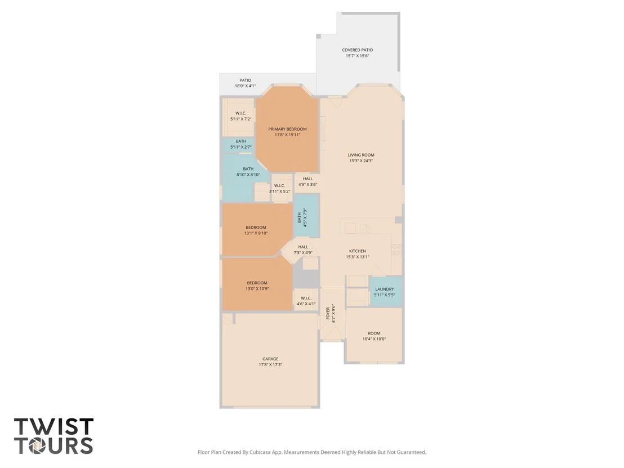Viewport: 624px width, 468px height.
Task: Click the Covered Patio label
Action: point(358,50)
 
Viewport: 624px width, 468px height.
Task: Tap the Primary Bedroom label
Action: point(287,129)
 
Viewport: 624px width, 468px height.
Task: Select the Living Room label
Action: point(361,155)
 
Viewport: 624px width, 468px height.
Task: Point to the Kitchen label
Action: point(358,251)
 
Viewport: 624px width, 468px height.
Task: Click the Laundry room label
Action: point(385,289)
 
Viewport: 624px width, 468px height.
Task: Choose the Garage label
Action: point(270,359)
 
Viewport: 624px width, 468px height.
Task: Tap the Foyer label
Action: point(328,313)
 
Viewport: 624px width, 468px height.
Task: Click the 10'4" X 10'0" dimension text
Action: point(374,339)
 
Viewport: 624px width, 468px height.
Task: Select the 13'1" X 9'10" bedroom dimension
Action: point(256,233)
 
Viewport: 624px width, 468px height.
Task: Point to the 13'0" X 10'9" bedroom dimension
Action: point(257,288)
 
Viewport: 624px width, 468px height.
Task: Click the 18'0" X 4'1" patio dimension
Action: point(245,86)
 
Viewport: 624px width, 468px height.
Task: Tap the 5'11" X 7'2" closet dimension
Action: point(241,119)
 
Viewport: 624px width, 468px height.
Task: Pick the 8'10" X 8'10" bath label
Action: point(248,172)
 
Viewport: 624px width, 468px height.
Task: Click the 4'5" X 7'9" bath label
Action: point(302,218)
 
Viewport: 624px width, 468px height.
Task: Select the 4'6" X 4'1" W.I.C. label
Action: point(306,301)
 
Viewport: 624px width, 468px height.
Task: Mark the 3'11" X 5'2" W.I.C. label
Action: point(279,188)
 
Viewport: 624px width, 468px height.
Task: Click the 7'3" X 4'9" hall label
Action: point(303,249)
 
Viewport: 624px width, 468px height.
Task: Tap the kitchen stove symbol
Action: point(396,249)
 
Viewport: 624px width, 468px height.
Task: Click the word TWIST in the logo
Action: point(54,426)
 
